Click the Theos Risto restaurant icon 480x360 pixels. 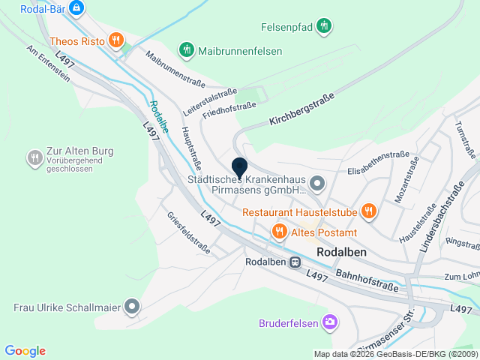click(x=115, y=40)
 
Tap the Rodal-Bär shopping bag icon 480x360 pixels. click(x=76, y=7)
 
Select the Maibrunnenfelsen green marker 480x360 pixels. click(x=185, y=50)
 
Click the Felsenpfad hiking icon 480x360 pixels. click(x=323, y=25)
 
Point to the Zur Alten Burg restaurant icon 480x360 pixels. click(x=34, y=157)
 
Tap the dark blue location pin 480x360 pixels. click(x=239, y=167)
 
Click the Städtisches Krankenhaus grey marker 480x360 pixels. click(x=317, y=182)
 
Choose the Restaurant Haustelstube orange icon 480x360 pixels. click(x=367, y=212)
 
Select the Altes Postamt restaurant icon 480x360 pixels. click(x=279, y=232)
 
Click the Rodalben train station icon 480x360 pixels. click(x=295, y=262)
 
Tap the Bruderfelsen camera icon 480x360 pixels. click(x=329, y=322)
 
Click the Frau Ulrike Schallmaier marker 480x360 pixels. click(x=132, y=306)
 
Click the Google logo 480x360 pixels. click(x=25, y=350)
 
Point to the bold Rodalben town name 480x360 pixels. click(x=342, y=252)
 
